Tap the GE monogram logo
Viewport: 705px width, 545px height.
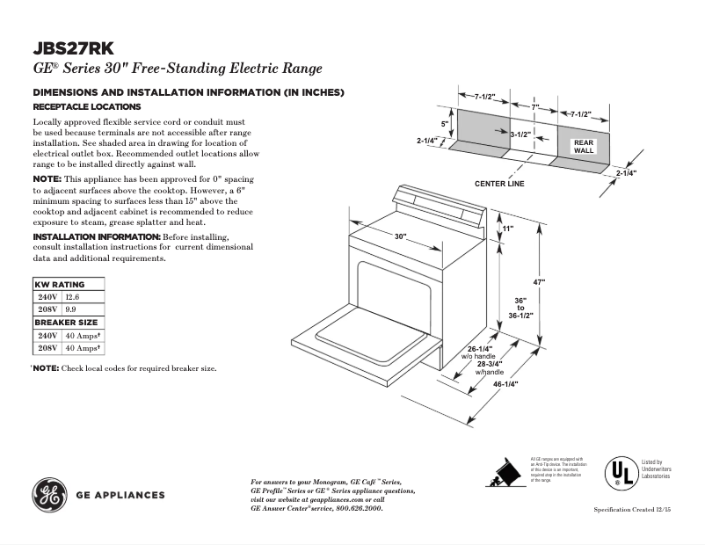(x=51, y=494)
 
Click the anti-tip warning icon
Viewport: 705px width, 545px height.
(x=505, y=473)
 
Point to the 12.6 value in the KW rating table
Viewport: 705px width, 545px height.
(x=72, y=297)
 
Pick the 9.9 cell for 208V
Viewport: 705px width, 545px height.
(x=70, y=310)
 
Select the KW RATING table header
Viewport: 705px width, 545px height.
(x=60, y=285)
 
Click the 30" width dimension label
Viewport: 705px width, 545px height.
(x=401, y=236)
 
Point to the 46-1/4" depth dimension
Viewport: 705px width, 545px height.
(x=505, y=384)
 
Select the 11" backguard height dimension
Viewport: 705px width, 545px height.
(x=508, y=229)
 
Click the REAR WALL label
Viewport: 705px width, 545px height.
(x=584, y=146)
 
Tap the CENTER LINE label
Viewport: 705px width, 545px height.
(x=499, y=184)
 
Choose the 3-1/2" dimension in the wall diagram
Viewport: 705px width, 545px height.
(x=520, y=134)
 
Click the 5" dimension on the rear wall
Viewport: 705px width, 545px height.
(x=444, y=124)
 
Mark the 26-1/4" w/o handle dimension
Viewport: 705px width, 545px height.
(x=479, y=352)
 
